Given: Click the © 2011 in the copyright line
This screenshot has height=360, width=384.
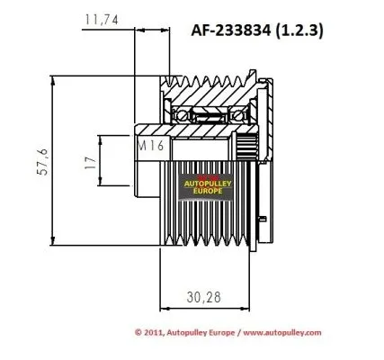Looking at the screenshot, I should tap(150, 332).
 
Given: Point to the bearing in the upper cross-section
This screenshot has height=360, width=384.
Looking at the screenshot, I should tap(196, 114).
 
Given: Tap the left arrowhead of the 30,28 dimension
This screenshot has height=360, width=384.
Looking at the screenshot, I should tap(163, 307).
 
